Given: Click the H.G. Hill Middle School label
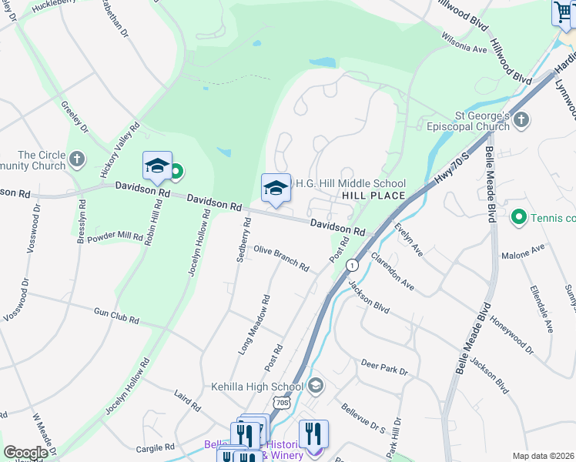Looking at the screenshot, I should tap(350, 183).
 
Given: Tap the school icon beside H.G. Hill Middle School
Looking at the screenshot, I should tap(276, 187).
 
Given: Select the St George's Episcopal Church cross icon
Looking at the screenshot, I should tap(521, 119).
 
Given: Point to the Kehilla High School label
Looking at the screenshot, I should tap(257, 387).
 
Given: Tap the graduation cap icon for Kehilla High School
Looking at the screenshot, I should tap(314, 385).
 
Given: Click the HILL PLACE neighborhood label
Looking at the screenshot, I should tap(373, 196).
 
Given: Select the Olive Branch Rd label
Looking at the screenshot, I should tap(281, 259).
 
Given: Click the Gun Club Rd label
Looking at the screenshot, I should tap(116, 316).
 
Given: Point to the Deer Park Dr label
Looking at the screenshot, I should tap(384, 369).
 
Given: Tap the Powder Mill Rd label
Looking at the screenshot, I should tap(119, 234).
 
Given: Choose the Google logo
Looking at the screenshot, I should tap(25, 453).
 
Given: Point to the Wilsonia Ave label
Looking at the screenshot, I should tap(464, 42).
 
